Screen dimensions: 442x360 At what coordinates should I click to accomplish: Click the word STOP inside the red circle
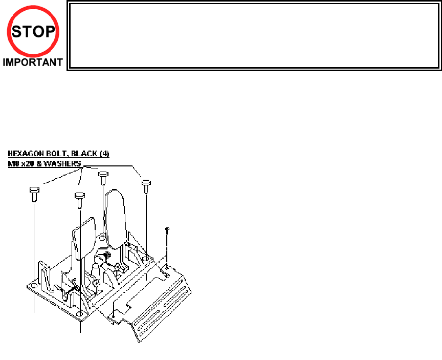33,32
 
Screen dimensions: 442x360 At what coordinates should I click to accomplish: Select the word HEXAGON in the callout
25,153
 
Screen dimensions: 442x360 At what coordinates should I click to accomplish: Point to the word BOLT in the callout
55,153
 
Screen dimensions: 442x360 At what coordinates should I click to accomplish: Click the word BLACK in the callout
84,153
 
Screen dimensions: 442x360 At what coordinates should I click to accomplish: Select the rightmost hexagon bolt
146,183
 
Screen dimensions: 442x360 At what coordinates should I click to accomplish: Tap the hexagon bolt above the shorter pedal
80,197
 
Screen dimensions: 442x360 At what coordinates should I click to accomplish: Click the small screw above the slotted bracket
167,229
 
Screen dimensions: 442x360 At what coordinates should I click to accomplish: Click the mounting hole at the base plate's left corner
34,285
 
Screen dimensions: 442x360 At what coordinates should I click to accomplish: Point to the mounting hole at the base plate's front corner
80,313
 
